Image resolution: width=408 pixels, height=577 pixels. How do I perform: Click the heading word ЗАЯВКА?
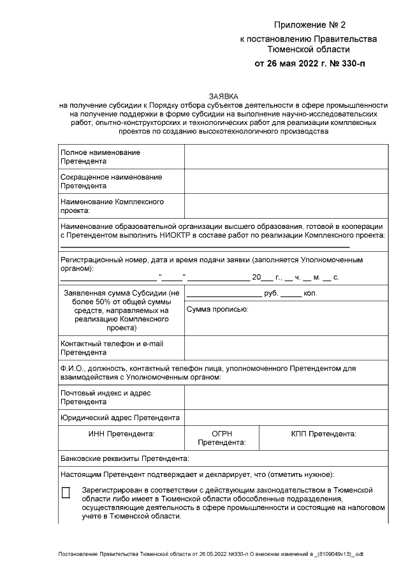point(222,96)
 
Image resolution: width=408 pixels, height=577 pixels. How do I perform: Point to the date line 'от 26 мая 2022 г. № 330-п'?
point(310,64)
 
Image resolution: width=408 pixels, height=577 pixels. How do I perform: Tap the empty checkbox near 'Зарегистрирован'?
point(66,493)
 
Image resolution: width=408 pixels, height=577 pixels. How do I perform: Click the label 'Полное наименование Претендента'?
point(100,157)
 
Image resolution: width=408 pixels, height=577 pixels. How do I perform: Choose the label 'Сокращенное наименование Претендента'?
point(111,181)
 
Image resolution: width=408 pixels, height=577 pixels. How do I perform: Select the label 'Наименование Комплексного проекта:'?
point(112,206)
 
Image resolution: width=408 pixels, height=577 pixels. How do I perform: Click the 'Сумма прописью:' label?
point(217,309)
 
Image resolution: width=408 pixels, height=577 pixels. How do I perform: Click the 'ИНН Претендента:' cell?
point(121,434)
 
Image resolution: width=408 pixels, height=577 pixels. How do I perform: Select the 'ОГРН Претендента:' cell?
point(222,438)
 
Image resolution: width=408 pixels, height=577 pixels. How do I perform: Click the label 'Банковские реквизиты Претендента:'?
point(124,458)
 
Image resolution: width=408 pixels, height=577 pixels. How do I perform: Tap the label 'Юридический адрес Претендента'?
point(120,418)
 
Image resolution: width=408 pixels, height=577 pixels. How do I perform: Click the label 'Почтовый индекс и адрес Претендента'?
point(105,398)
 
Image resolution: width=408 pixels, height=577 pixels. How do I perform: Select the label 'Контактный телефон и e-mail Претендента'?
point(112,348)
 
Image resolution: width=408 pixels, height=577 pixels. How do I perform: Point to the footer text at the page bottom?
point(210,555)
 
